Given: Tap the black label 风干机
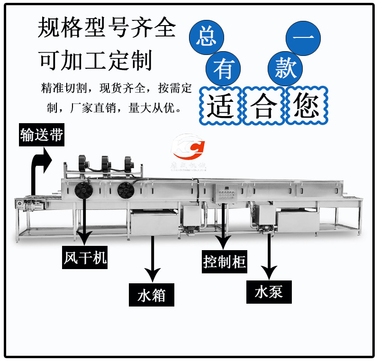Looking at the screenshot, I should [85, 258].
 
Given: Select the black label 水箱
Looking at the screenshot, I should [152, 296].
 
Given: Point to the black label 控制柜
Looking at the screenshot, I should [225, 261].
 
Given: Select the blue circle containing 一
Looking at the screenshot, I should [304, 37].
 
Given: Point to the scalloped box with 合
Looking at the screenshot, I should [263, 106].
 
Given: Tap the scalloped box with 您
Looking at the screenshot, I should [306, 106].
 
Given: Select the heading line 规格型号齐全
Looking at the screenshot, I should [107, 28].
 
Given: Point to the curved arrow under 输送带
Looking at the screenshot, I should [40, 166].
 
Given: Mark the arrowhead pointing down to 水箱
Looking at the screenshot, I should [152, 275].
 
